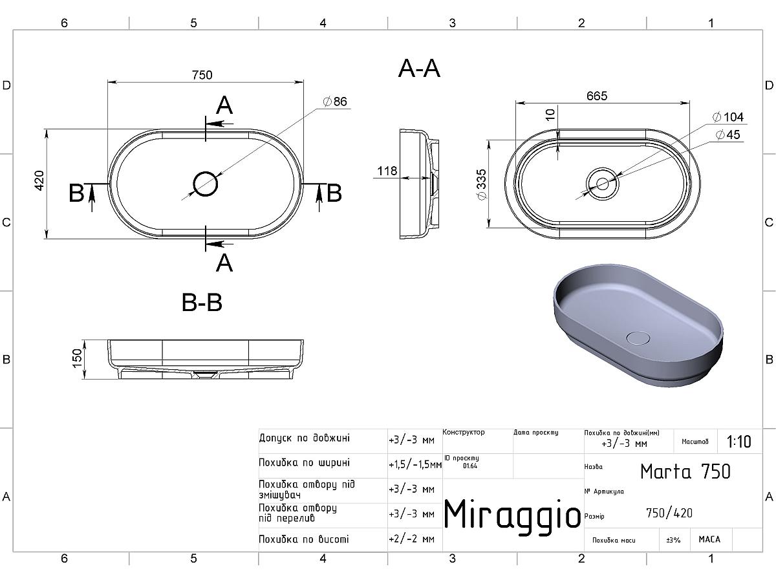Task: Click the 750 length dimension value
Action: [202, 75]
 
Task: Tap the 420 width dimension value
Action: [39, 180]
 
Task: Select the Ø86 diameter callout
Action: [335, 102]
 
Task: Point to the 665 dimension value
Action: [597, 96]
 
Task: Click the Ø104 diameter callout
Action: [728, 117]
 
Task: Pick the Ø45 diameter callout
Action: [728, 135]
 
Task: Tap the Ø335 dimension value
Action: [482, 184]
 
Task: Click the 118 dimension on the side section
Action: [387, 171]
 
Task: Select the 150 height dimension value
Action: [77, 358]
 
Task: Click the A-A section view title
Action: [419, 69]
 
